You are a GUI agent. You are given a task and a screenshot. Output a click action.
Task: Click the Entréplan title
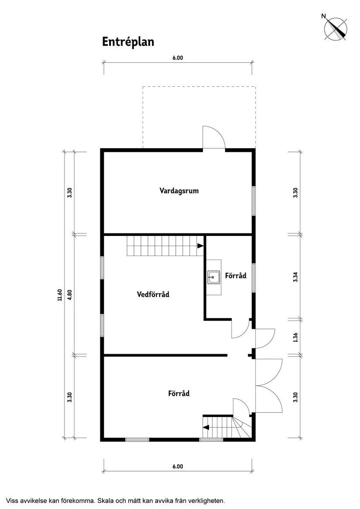pyautogui.click(x=128, y=42)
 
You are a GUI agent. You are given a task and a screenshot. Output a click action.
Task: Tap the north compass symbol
pyautogui.click(x=335, y=29)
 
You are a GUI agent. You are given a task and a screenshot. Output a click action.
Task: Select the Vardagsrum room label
pyautogui.click(x=179, y=191)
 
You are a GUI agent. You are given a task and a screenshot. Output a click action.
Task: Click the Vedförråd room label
pyautogui.click(x=153, y=294)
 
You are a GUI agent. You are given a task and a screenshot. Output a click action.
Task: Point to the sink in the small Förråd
pyautogui.click(x=214, y=277)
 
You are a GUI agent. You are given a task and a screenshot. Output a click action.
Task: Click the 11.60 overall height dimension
pyautogui.click(x=59, y=295)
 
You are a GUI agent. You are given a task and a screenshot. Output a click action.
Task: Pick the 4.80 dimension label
pyautogui.click(x=69, y=295)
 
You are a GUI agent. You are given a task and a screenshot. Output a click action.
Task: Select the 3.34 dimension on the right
pyautogui.click(x=295, y=277)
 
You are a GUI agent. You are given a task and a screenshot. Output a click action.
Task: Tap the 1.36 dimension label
pyautogui.click(x=295, y=338)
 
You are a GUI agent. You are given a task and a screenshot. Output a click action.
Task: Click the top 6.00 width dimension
pyautogui.click(x=178, y=58)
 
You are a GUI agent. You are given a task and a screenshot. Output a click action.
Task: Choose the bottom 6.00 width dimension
pyautogui.click(x=178, y=467)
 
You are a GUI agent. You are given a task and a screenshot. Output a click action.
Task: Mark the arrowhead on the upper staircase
pyautogui.click(x=200, y=246)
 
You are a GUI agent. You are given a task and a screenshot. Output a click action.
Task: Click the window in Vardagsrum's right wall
pyautogui.click(x=254, y=201)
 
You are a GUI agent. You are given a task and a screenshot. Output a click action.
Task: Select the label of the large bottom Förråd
pyautogui.click(x=179, y=393)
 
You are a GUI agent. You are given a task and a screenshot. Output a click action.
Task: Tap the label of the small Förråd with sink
pyautogui.click(x=236, y=276)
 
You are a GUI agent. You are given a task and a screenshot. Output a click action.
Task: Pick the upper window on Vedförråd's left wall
pyautogui.click(x=102, y=268)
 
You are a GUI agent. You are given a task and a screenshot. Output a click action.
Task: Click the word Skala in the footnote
pyautogui.click(x=105, y=501)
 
